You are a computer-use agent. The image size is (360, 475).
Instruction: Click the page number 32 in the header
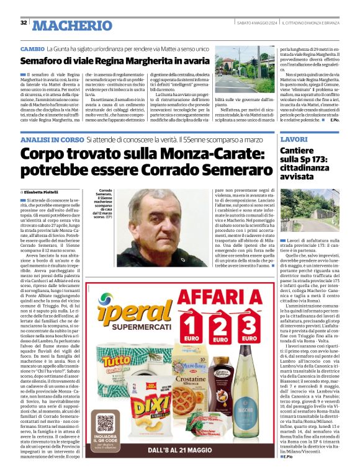click(23, 23)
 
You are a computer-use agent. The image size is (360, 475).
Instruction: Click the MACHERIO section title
click(73, 25)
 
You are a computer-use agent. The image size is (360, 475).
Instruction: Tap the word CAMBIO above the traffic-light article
click(32, 48)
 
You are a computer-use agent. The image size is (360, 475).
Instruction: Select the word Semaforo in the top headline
click(44, 61)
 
